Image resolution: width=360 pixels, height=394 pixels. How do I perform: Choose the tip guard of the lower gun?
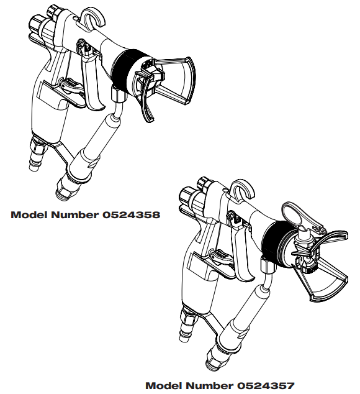326,267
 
